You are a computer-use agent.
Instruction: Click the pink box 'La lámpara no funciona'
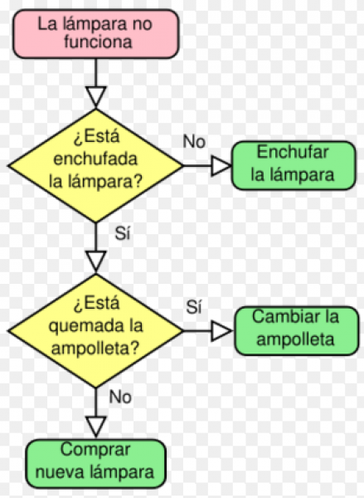[x=96, y=34]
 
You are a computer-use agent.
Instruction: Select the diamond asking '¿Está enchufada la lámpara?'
[x=96, y=165]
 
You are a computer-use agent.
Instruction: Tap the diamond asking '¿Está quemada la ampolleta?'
[x=96, y=330]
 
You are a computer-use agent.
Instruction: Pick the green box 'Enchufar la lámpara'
[x=294, y=165]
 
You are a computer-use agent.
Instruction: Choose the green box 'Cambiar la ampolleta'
[x=297, y=330]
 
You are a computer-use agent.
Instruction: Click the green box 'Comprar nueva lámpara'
[x=96, y=463]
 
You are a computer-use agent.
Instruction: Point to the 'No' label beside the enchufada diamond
[x=194, y=141]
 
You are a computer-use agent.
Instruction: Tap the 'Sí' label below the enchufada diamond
[x=123, y=233]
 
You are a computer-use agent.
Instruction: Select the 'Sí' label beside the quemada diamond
[x=194, y=307]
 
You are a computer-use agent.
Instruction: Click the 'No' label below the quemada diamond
[x=120, y=397]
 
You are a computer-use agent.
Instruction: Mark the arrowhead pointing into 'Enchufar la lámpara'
[x=221, y=165]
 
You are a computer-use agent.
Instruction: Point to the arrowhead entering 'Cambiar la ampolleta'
[x=221, y=330]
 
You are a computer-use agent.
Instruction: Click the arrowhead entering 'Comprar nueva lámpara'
[x=96, y=426]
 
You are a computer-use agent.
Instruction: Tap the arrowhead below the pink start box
[x=96, y=96]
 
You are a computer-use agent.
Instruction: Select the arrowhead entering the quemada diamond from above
[x=96, y=261]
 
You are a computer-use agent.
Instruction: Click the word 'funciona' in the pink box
[x=98, y=41]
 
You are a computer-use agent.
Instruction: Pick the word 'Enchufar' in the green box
[x=293, y=152]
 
